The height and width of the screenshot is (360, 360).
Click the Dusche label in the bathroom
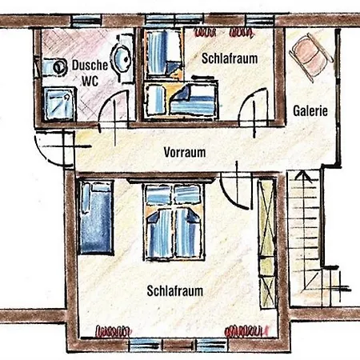(90, 66)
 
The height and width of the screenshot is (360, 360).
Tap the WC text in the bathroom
(90, 81)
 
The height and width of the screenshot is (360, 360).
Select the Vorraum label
(185, 152)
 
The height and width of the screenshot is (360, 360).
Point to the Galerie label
(310, 111)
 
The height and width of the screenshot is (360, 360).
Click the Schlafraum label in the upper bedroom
(230, 58)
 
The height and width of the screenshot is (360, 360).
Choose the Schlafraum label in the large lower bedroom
(175, 291)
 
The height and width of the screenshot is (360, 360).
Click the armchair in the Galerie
(311, 57)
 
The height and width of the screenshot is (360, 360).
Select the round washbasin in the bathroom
(122, 59)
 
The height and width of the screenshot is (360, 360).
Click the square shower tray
(59, 104)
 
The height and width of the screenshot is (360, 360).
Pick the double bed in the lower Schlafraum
(174, 222)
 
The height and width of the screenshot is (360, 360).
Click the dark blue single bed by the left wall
(96, 218)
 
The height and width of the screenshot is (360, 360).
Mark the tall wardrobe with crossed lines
(267, 244)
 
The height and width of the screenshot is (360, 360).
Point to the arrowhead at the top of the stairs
(302, 176)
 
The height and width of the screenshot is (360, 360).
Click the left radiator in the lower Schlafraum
(114, 331)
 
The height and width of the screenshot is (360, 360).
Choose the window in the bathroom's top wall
(87, 21)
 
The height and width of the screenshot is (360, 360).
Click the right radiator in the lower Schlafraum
(246, 331)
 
